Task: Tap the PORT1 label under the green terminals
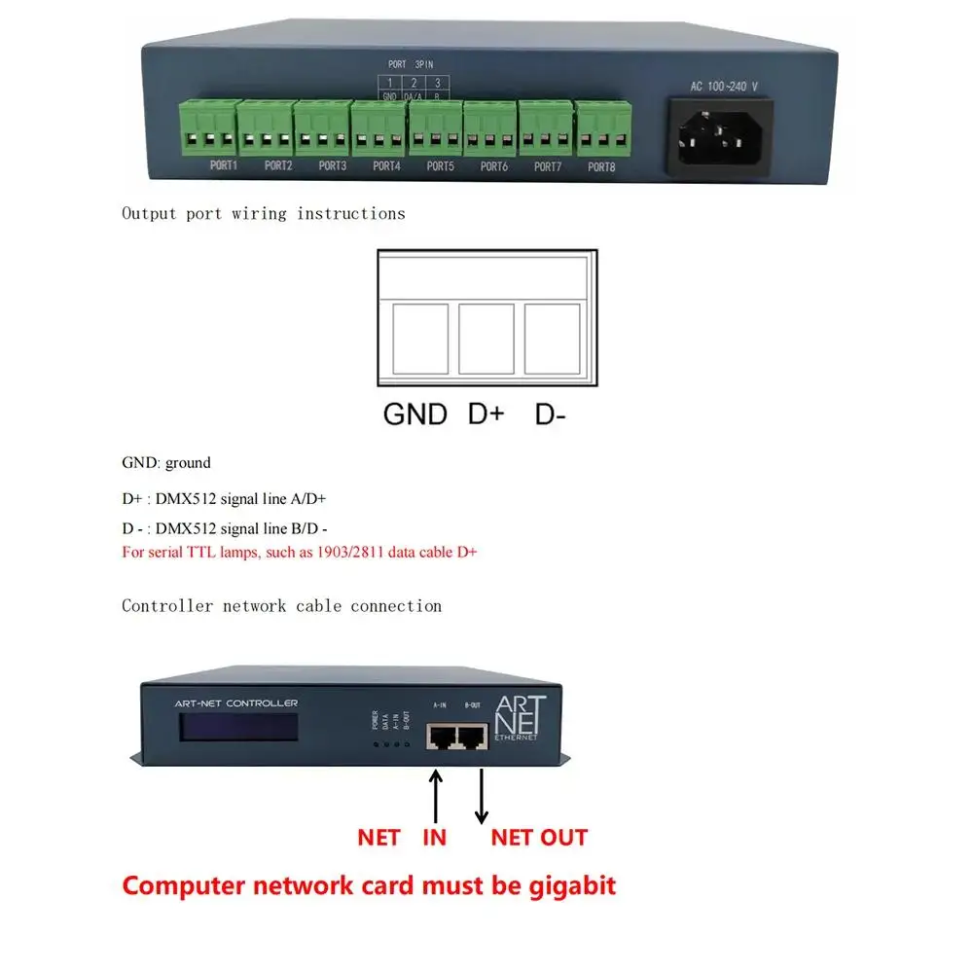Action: click(x=224, y=166)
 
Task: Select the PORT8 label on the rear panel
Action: click(x=601, y=166)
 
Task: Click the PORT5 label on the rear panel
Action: click(x=440, y=166)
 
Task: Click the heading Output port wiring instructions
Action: click(x=263, y=213)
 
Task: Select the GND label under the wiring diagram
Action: click(x=414, y=414)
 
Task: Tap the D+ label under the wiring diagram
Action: click(x=486, y=414)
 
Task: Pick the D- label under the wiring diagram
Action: click(x=550, y=414)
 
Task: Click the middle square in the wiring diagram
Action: click(x=486, y=339)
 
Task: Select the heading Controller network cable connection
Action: click(x=281, y=606)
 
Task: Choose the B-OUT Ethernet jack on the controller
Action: click(x=473, y=739)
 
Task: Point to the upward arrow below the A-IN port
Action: click(x=436, y=793)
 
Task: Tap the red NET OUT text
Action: click(x=538, y=837)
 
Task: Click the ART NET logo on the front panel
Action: click(x=521, y=717)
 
